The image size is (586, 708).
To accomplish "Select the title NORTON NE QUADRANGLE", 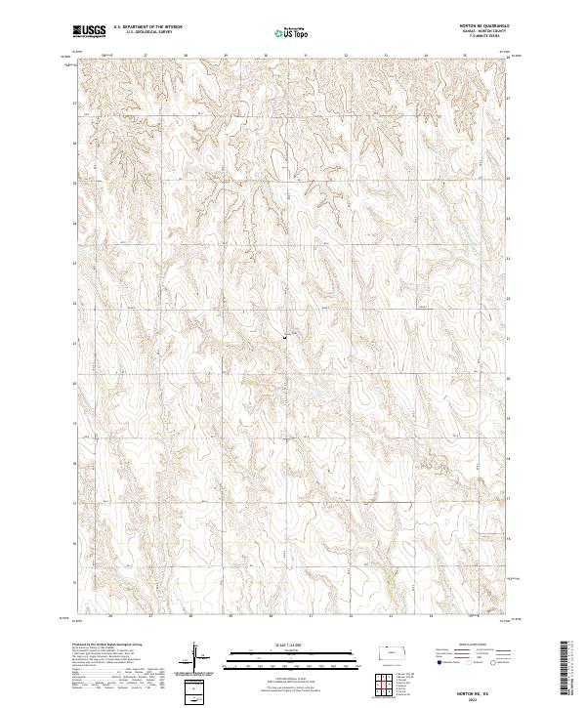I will [x=485, y=26].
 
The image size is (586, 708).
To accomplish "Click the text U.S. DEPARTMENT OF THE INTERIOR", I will [x=146, y=27].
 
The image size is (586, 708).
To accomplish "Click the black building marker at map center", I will [x=285, y=337].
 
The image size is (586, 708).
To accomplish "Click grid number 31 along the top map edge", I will [x=305, y=55].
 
